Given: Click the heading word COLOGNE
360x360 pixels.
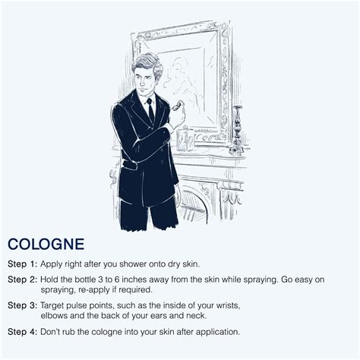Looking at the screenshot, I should click(x=46, y=244).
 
